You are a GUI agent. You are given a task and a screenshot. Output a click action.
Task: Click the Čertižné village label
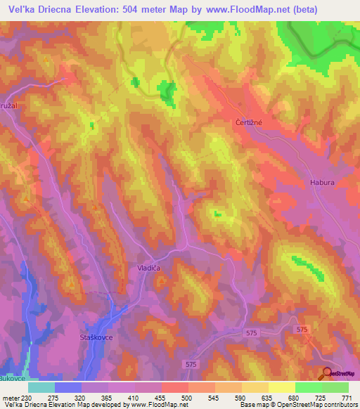pyautogui.click(x=248, y=122)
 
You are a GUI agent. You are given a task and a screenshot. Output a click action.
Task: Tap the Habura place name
pyautogui.click(x=320, y=183)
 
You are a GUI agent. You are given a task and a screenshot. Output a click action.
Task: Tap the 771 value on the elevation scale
pyautogui.click(x=347, y=398)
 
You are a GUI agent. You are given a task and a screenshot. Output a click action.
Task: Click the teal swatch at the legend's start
pyautogui.click(x=41, y=387)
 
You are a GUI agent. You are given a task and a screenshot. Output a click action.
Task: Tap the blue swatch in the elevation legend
pyautogui.click(x=68, y=387)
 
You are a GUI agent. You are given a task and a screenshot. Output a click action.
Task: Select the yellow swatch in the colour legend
pyautogui.click(x=282, y=387)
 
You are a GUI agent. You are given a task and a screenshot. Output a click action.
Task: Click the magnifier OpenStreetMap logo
pyautogui.click(x=328, y=374)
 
